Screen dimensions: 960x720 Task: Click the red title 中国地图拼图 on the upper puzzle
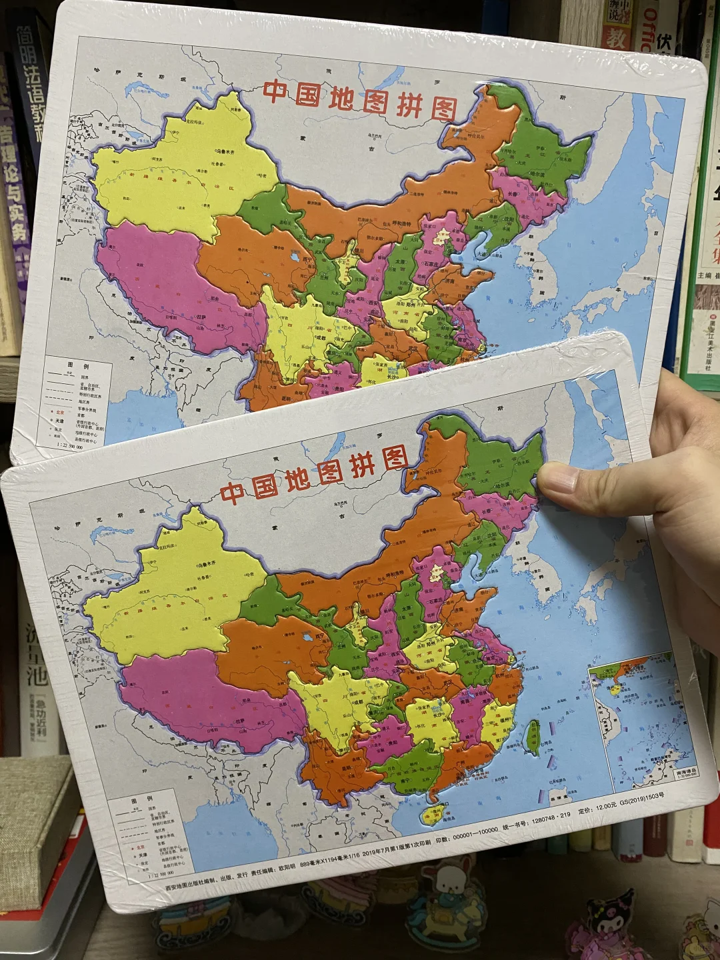pos(360,100)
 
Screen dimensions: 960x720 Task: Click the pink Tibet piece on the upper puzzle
pos(167,280)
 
